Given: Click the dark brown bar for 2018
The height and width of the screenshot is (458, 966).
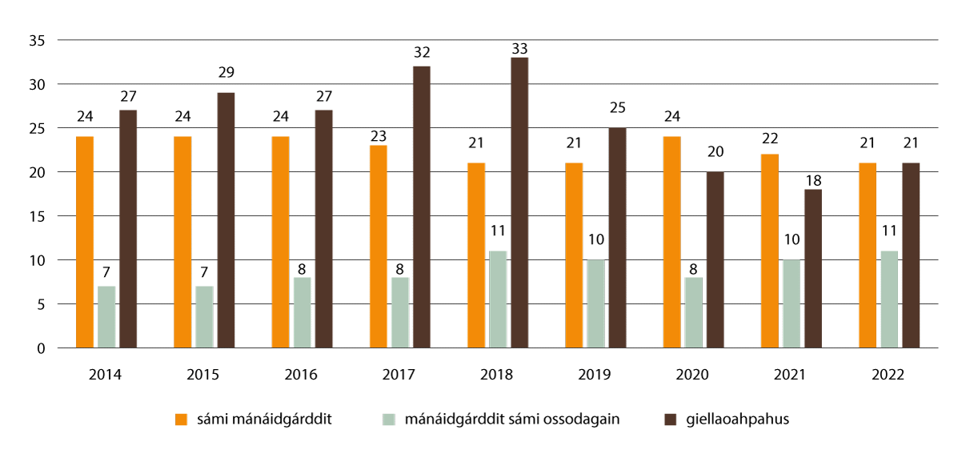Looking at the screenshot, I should tap(519, 203).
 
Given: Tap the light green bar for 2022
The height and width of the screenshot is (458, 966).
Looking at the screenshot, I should tap(889, 299).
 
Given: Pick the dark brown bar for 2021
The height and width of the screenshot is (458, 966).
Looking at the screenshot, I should tap(812, 268).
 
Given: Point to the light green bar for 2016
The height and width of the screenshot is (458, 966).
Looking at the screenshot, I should tap(302, 312).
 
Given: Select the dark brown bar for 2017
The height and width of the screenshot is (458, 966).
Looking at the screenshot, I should tap(422, 207).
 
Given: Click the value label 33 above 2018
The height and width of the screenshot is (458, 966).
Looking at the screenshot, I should tap(519, 47).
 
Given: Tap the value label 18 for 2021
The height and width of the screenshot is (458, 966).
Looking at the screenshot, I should tap(812, 179).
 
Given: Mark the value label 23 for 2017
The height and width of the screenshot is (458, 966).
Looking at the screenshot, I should tap(378, 135).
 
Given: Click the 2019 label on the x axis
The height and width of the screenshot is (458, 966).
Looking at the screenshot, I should tap(595, 375).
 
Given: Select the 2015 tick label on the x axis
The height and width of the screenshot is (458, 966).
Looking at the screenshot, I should tap(204, 375).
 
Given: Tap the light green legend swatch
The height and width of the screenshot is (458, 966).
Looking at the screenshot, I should tap(389, 420).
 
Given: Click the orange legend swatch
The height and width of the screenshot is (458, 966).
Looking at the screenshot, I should tap(182, 420).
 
